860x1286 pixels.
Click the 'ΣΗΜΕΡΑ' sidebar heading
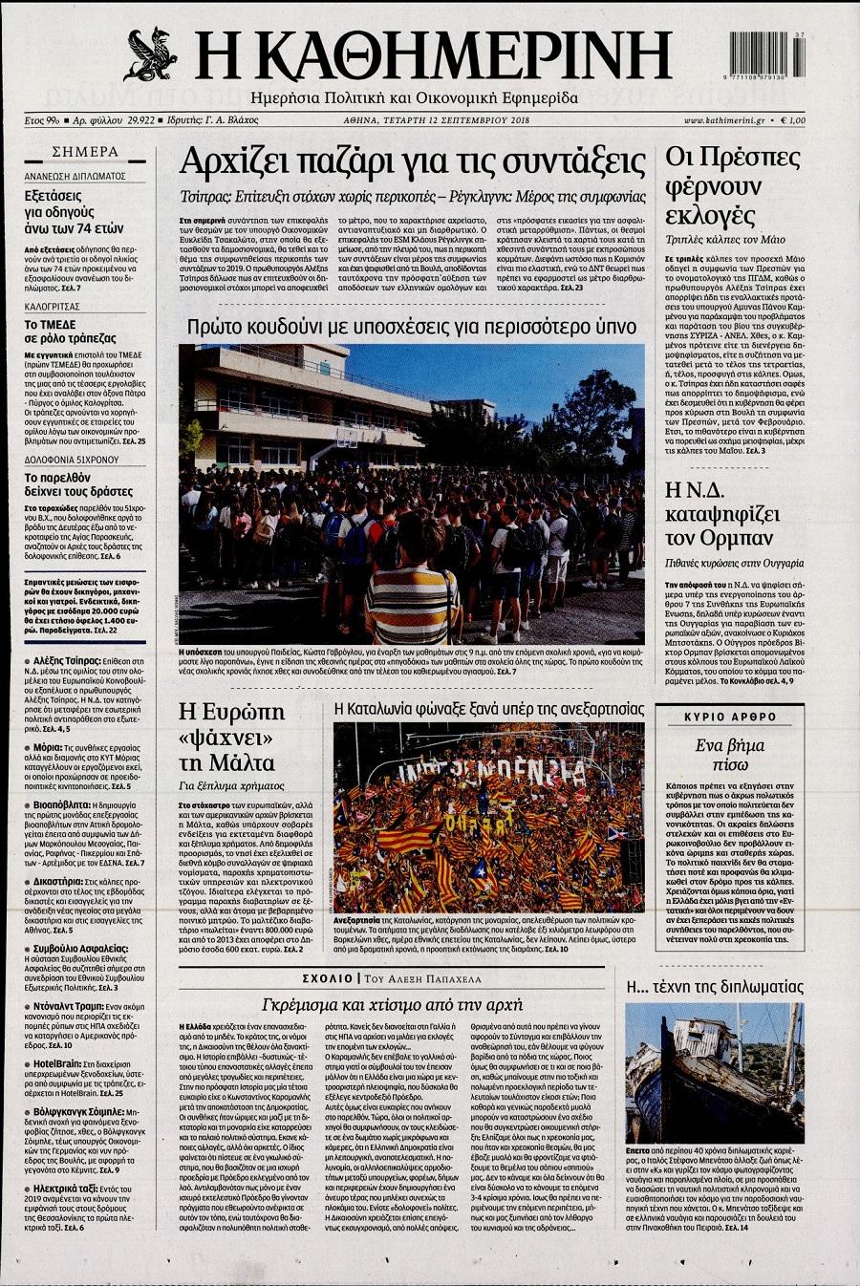pos(86,152)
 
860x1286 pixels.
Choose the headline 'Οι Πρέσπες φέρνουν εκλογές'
pos(733,185)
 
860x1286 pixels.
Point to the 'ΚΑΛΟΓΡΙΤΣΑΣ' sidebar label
pos(53,307)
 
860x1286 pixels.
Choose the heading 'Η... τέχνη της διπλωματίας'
pos(714,986)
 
